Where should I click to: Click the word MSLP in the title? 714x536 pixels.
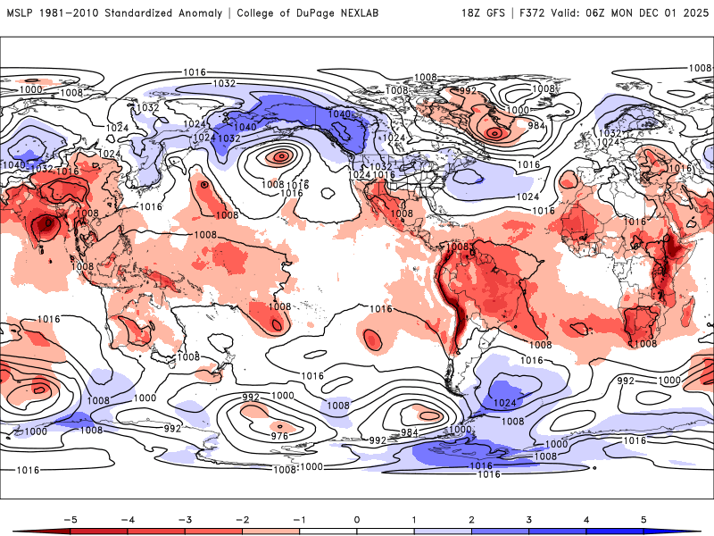coord(21,13)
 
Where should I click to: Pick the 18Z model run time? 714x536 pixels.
coord(471,13)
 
